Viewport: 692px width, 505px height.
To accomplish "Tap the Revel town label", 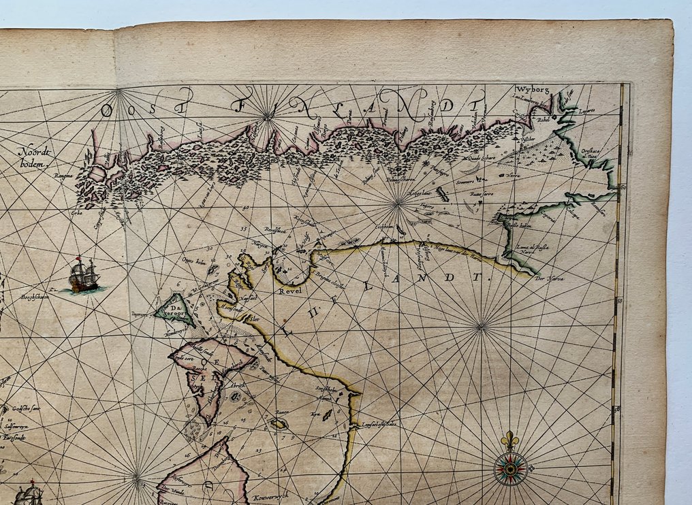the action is tap(289, 290).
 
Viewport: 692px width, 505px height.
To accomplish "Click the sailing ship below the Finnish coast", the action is tap(84, 276).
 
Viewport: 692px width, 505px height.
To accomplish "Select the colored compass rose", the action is tap(510, 469).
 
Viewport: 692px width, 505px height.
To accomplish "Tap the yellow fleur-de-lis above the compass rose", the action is tap(510, 440).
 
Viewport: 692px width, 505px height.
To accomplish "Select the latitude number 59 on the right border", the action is tap(619, 300).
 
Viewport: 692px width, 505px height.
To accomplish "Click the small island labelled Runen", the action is tap(278, 423).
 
